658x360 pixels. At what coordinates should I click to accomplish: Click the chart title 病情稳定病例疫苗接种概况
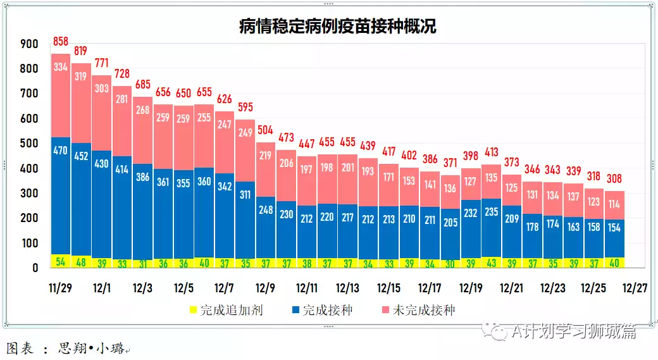point(337,26)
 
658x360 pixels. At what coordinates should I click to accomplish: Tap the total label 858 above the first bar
point(61,42)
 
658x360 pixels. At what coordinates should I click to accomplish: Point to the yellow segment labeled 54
point(61,261)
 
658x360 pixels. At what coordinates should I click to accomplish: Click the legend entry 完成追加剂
point(227,310)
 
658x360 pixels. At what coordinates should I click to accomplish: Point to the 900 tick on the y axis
point(30,44)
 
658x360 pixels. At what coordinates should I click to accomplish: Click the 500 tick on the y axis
point(30,144)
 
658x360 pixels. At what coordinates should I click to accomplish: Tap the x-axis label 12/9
point(266,288)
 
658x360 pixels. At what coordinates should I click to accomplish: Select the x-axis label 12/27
point(634,288)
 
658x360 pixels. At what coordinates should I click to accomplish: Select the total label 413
point(491,152)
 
